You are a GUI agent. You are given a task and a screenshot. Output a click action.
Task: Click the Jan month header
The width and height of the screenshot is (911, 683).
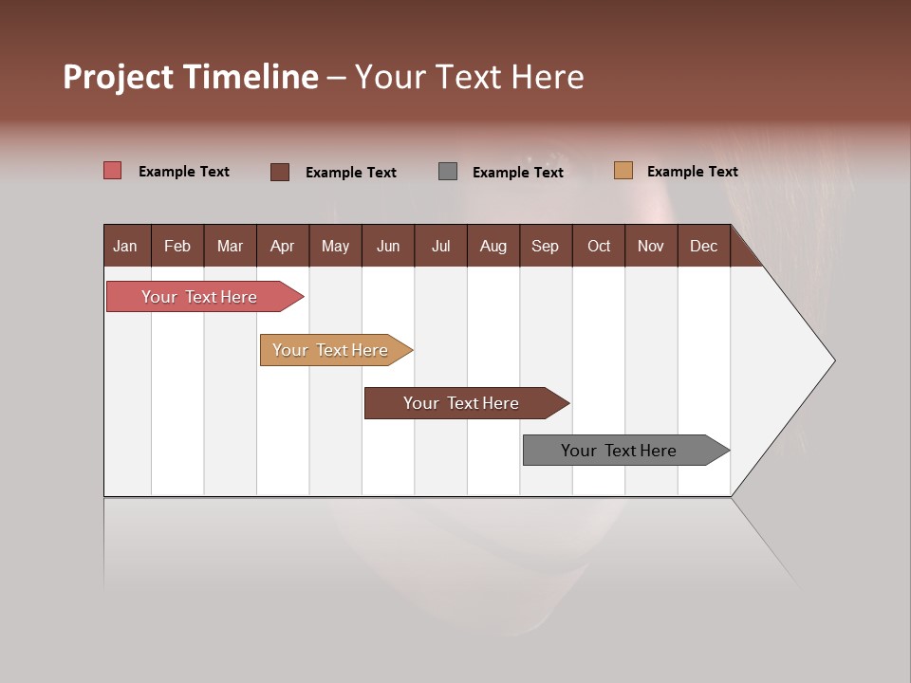click(125, 246)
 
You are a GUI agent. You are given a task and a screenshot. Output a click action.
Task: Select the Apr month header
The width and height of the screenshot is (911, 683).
click(282, 246)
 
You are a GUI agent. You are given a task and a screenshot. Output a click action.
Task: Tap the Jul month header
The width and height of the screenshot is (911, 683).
click(440, 246)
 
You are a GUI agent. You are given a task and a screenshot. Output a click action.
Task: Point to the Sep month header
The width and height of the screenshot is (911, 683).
click(545, 246)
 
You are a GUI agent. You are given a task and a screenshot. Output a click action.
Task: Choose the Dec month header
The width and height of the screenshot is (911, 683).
click(703, 246)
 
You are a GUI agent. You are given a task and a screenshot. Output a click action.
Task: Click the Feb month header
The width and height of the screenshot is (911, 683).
click(177, 246)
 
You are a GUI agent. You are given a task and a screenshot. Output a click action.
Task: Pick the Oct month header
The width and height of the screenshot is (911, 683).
click(599, 246)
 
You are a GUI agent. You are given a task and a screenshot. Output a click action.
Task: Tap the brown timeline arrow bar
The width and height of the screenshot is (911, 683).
click(462, 403)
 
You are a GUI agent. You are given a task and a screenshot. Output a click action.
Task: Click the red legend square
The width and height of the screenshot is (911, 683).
click(113, 171)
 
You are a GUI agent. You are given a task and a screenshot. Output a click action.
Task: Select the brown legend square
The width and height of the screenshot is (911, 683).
click(280, 172)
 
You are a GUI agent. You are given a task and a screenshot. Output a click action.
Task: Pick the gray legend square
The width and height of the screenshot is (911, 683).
click(448, 172)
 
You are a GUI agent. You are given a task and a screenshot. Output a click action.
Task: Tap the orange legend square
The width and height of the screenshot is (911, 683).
click(623, 171)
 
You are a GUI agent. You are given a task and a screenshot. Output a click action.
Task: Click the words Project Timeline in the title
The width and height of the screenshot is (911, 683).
click(191, 77)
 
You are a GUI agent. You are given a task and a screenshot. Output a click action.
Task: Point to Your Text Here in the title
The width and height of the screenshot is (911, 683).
click(469, 77)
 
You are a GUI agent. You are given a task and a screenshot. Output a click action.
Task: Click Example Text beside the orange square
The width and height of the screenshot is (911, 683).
click(692, 172)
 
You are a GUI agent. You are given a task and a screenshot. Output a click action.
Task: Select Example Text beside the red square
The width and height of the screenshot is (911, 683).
click(184, 172)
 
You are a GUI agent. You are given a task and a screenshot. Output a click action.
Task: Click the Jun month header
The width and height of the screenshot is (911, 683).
click(388, 246)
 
